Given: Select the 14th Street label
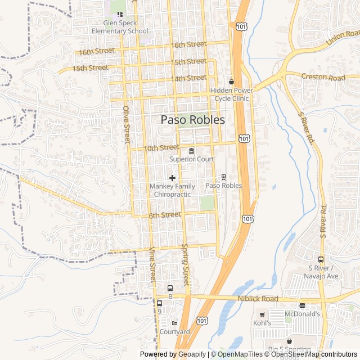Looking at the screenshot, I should (189, 78).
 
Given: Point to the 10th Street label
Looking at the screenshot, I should (161, 148).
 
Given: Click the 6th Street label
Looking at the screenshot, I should (165, 215).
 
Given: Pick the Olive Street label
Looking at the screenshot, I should (127, 124).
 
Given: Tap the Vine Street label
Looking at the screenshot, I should (152, 265).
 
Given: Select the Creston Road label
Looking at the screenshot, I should (322, 77).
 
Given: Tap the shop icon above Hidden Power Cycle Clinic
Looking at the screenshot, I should (231, 82).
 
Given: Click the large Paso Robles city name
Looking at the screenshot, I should (193, 120).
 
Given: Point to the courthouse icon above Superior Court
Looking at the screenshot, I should (192, 151).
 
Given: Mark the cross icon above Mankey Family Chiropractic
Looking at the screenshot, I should (172, 178).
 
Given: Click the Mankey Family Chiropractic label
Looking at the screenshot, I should (172, 190).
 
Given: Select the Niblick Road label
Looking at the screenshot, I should (258, 299).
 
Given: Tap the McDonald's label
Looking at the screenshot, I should (302, 314).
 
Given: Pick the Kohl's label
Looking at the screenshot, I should (262, 323).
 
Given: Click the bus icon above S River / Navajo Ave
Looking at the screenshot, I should (321, 260).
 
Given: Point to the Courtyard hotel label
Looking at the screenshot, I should (174, 331).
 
